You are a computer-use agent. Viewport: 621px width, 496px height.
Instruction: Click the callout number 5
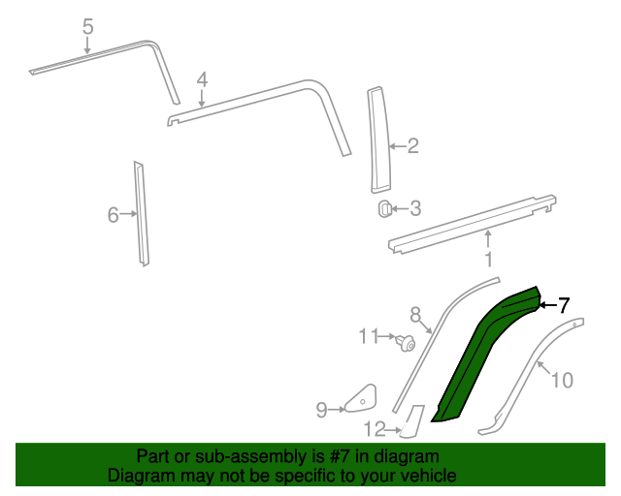tap(87, 27)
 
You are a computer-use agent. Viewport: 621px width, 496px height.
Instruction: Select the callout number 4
tap(202, 79)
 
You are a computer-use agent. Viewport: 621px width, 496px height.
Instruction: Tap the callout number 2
tap(412, 146)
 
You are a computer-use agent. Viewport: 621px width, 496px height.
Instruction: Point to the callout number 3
tap(414, 207)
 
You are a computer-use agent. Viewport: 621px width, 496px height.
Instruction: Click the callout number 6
tap(113, 214)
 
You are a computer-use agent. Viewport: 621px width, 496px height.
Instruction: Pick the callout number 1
tap(488, 260)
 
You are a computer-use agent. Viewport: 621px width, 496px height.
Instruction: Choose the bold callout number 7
tap(563, 305)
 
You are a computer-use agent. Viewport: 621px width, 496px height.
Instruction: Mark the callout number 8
tap(415, 314)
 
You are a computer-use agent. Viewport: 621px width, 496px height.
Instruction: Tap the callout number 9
tap(321, 410)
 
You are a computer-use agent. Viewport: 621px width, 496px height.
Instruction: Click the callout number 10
tap(563, 380)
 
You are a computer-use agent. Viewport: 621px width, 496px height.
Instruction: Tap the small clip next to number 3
tap(384, 207)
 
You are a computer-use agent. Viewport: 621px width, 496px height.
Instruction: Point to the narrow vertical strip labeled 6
tap(142, 213)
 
